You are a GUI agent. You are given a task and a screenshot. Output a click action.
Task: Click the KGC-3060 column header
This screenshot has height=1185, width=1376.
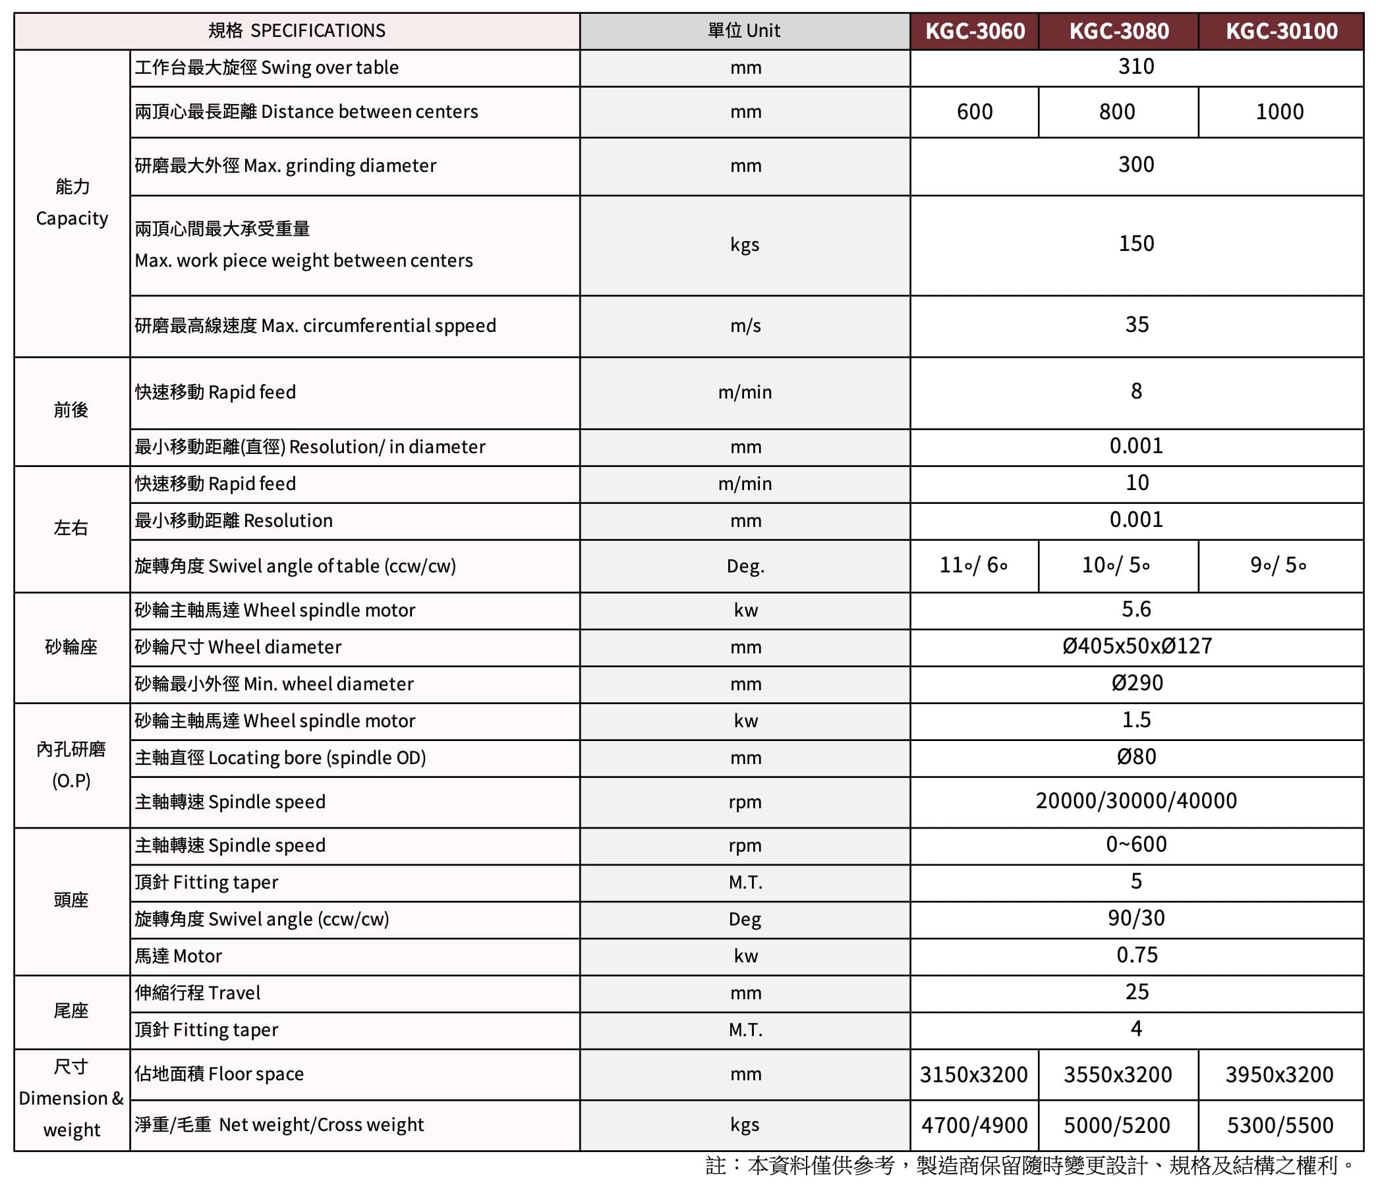(974, 31)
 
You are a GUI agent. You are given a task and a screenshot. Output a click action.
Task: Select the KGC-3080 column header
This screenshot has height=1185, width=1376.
(1118, 31)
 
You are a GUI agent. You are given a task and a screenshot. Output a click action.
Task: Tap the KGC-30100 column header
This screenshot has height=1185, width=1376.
(1281, 31)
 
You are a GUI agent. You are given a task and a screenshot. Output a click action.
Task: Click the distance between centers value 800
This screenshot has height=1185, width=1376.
(1117, 111)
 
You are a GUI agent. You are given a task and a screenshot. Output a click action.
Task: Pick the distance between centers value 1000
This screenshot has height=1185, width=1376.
(1280, 111)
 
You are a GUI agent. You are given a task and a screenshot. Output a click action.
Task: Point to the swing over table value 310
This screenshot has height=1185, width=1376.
(1136, 67)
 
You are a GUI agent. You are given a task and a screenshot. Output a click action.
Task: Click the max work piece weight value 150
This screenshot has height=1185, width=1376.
(1136, 244)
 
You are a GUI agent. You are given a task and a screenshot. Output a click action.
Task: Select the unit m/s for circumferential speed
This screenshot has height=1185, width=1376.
(745, 325)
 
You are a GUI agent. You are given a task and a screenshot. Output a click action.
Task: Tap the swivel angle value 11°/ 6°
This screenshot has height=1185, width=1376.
(973, 565)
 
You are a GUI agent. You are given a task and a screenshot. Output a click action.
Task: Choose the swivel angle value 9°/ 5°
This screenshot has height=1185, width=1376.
(1278, 565)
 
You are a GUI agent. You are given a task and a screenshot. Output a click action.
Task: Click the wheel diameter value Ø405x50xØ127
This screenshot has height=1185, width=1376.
(1137, 646)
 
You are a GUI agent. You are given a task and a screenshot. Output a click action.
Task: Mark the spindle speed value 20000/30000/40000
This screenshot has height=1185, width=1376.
(1136, 800)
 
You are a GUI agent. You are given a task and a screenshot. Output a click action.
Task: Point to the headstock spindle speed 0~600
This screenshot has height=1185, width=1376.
(1136, 844)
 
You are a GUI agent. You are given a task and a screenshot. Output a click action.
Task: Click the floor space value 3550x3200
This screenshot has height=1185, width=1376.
(1118, 1074)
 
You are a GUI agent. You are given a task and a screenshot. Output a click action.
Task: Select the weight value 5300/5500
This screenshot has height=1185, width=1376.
(1280, 1125)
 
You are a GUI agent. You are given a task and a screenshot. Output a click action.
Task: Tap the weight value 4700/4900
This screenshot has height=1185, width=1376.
(974, 1125)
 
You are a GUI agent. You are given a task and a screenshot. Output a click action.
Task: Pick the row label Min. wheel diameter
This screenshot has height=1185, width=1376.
(273, 684)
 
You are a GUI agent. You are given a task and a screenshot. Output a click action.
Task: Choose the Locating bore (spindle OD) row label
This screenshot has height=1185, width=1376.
(279, 758)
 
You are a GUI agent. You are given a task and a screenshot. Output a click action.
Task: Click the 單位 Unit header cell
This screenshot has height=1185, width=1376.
(744, 30)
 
